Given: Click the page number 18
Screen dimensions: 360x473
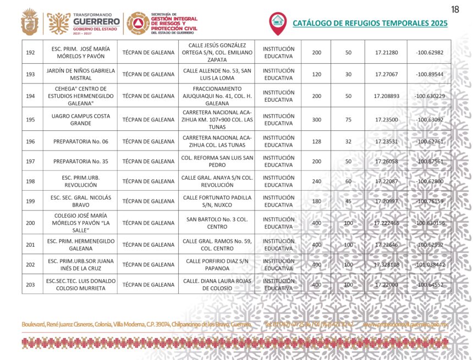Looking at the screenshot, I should [x=455, y=9].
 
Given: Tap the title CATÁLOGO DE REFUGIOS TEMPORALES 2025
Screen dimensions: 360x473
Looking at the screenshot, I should [x=370, y=23].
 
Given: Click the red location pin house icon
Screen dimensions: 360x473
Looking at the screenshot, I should [x=278, y=23].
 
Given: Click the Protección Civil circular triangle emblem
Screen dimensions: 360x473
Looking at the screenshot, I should [x=137, y=23].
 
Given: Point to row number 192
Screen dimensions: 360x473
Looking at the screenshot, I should [x=31, y=52].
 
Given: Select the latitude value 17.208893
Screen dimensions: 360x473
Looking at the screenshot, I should [x=386, y=96].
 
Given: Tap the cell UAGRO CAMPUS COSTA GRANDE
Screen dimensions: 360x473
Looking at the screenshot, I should [x=80, y=119].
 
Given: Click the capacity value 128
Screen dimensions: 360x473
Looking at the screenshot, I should [x=316, y=141].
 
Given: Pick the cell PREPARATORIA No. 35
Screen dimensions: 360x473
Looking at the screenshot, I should [x=80, y=161].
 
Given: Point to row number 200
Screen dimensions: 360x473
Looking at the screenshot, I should [x=31, y=223].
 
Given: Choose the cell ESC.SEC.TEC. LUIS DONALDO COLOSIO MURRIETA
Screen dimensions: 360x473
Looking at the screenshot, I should [x=80, y=284].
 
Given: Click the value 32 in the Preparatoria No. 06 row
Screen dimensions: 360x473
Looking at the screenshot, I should [x=348, y=141].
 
